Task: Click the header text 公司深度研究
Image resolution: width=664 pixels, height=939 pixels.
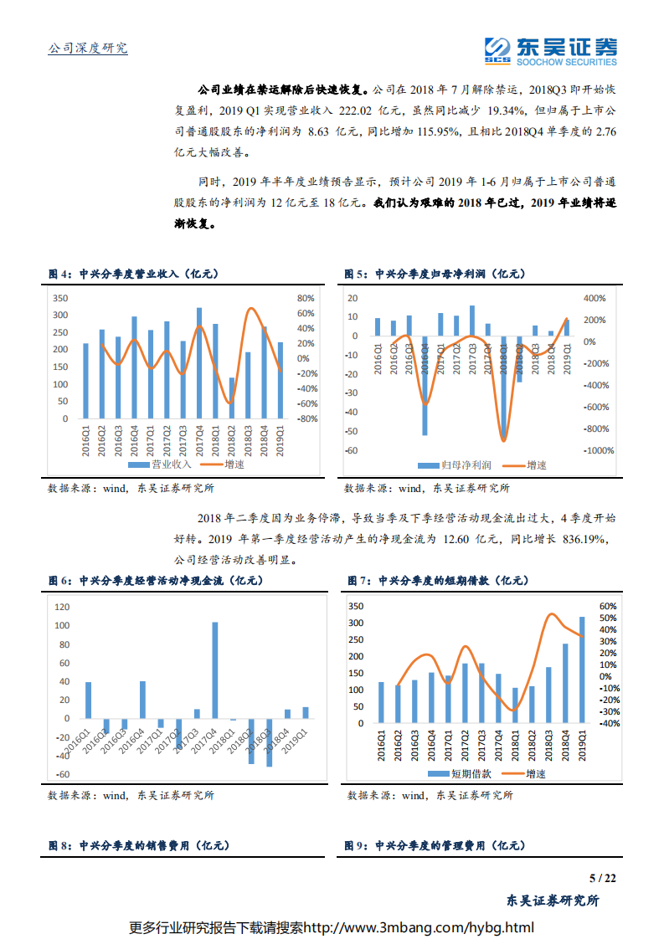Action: pyautogui.click(x=88, y=49)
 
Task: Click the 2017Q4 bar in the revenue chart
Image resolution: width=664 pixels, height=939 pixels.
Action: pyautogui.click(x=199, y=362)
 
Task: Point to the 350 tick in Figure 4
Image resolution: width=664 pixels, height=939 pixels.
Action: pyautogui.click(x=59, y=299)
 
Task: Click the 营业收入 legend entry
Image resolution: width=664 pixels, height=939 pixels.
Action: pyautogui.click(x=164, y=464)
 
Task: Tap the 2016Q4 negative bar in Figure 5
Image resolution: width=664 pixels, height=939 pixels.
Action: pyautogui.click(x=425, y=386)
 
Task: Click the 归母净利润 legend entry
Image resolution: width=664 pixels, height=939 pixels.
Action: pyautogui.click(x=460, y=464)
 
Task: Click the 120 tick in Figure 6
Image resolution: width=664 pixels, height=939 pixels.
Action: pyautogui.click(x=60, y=607)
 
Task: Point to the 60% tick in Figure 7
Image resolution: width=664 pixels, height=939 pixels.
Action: pyautogui.click(x=607, y=606)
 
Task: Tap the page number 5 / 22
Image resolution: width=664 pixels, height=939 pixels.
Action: pyautogui.click(x=602, y=878)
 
